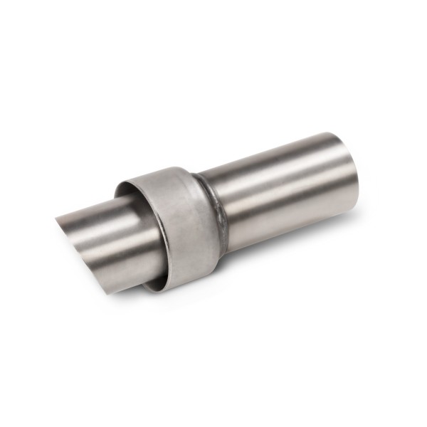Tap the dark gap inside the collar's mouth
128,191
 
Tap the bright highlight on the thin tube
107,228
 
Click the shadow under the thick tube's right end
334,217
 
